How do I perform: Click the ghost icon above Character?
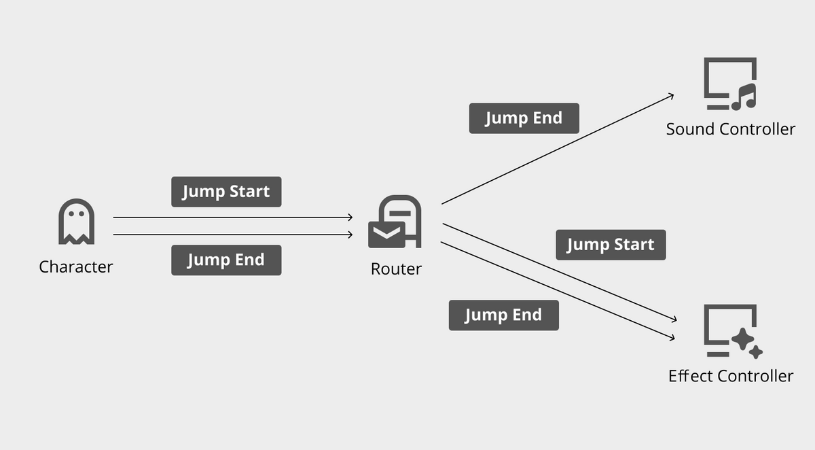[76, 222]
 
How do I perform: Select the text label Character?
[76, 266]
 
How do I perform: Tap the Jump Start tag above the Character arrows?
[226, 192]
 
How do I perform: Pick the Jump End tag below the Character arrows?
[226, 260]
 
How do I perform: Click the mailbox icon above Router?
[395, 222]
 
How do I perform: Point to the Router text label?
[396, 269]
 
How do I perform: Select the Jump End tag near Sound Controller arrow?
[524, 118]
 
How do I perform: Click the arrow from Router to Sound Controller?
[557, 149]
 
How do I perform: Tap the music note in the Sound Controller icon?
[744, 98]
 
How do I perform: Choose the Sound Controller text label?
[730, 129]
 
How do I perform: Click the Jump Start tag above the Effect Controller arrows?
[611, 245]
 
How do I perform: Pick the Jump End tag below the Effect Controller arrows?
[503, 315]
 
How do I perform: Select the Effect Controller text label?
[730, 376]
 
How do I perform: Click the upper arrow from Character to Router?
[231, 218]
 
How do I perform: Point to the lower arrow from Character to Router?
[231, 235]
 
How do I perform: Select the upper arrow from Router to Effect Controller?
[560, 272]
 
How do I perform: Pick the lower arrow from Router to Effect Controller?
[557, 290]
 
